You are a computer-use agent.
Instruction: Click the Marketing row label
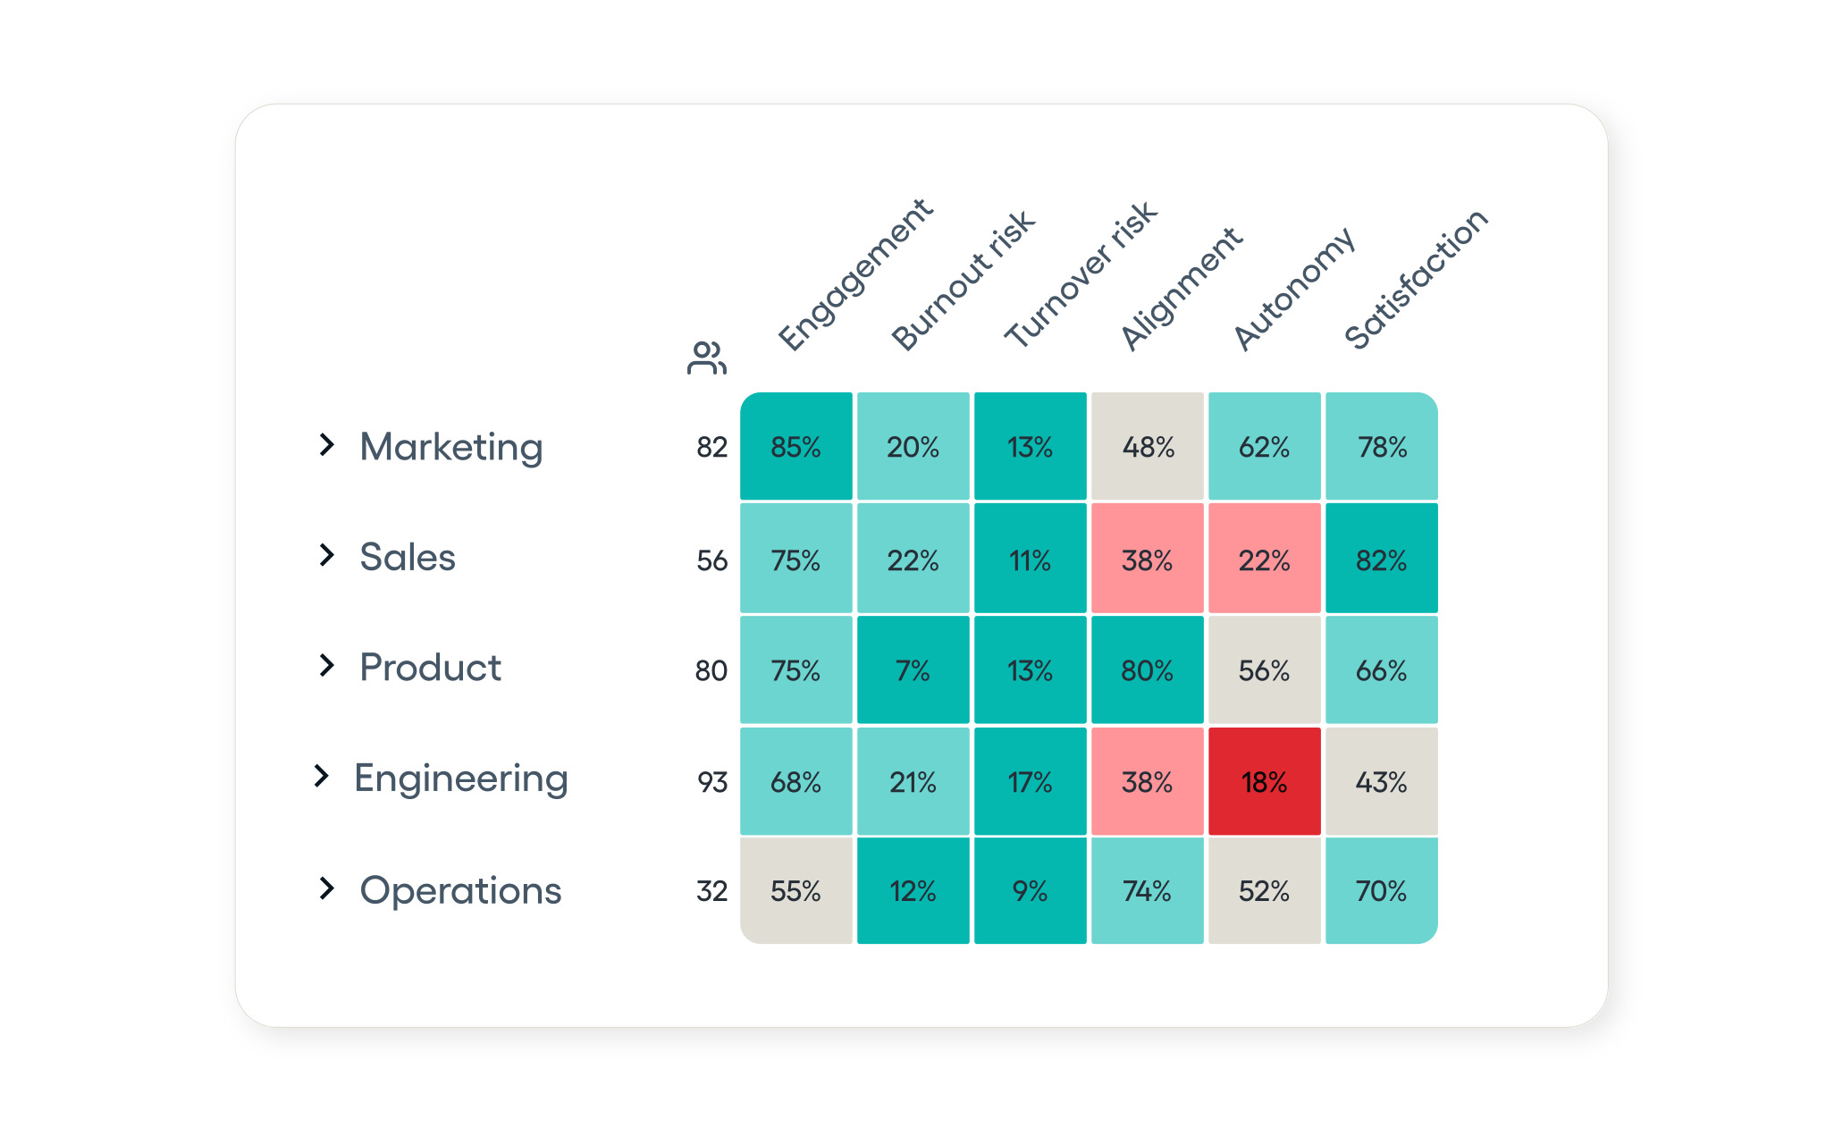tap(450, 447)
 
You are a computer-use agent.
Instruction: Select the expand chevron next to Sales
tap(326, 555)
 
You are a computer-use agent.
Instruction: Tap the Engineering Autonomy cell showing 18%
tap(1264, 782)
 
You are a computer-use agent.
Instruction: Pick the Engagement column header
tap(854, 274)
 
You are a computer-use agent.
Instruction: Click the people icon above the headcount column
tap(706, 358)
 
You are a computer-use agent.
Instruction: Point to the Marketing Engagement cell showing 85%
tap(795, 447)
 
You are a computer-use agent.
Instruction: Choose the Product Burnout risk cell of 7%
tap(913, 670)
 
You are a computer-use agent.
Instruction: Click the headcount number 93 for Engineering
tap(712, 783)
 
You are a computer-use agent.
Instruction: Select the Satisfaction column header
tap(1416, 278)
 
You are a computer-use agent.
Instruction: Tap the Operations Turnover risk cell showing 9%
tap(1030, 891)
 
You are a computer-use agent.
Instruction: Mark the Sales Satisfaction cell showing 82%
tap(1381, 560)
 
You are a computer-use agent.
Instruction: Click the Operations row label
tap(460, 891)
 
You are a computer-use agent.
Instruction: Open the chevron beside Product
tap(326, 666)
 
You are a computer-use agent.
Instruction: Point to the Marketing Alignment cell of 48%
tap(1148, 447)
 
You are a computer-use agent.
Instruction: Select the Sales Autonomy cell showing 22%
tap(1264, 560)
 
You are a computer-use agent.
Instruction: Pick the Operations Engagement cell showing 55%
tap(795, 891)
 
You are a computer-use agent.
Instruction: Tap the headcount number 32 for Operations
tap(711, 891)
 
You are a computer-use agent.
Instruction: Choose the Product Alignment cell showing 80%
tap(1147, 670)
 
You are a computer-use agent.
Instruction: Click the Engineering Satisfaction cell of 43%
tap(1381, 782)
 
